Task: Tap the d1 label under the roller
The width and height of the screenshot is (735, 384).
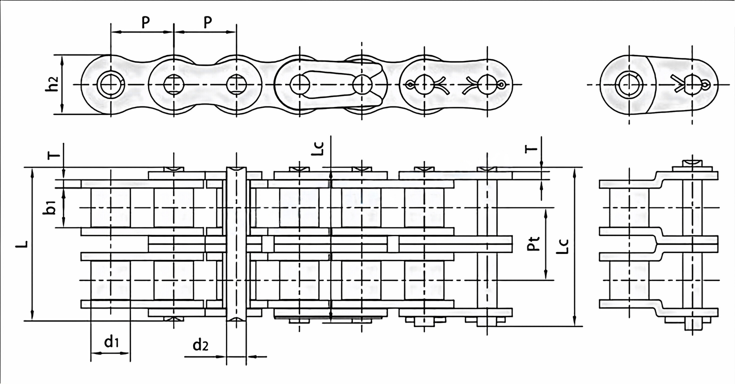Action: [x=111, y=343]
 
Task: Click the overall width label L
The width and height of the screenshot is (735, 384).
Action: [x=21, y=244]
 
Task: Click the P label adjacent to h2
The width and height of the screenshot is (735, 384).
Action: [x=145, y=21]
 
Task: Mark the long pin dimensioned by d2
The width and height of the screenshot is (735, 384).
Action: [x=237, y=245]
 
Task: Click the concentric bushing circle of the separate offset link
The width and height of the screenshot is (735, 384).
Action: [x=628, y=84]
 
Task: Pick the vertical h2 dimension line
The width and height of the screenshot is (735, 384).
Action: [x=63, y=84]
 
